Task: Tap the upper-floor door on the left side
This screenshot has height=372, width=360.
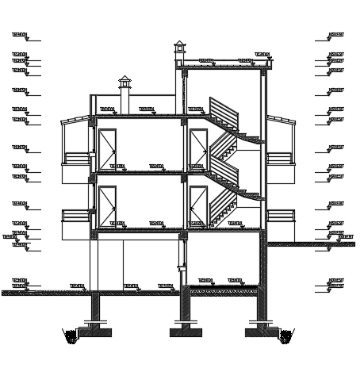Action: tap(107, 148)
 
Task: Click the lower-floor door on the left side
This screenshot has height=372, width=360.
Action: tap(107, 205)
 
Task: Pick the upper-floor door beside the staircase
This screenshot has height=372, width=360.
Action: tap(198, 148)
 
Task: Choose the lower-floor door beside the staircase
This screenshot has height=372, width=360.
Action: tap(198, 205)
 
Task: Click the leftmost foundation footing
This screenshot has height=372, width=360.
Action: tap(95, 331)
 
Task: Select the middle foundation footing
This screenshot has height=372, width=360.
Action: tap(186, 331)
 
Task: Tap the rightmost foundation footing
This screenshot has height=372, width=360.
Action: tap(260, 331)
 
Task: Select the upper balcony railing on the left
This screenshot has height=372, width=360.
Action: tap(77, 158)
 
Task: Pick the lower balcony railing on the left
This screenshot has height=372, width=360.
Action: tap(77, 215)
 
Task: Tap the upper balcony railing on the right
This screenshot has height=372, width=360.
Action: tap(279, 158)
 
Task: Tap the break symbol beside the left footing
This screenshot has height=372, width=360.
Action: tap(71, 337)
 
